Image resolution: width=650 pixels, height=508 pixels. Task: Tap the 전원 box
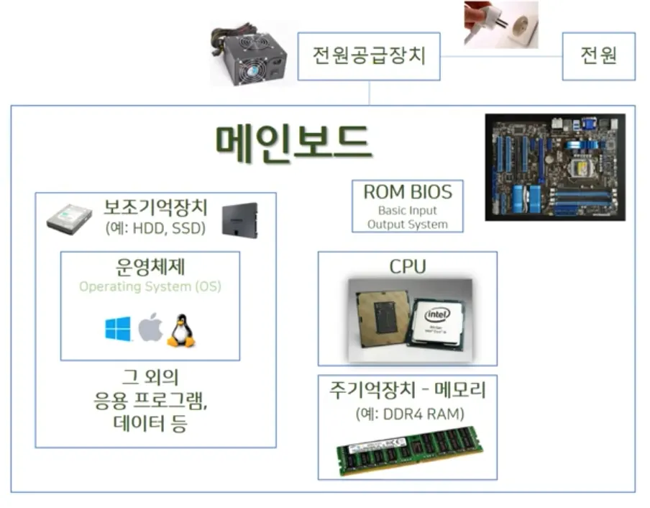coord(599,55)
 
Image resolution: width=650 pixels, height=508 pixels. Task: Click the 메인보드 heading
coord(293,142)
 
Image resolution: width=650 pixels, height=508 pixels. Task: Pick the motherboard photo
coord(554,167)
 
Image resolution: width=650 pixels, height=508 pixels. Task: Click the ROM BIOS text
coord(408,192)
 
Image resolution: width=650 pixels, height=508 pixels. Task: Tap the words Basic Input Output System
coord(408,218)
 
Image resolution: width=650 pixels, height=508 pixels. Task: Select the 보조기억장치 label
coord(155,208)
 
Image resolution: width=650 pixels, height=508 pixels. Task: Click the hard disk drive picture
coord(70,219)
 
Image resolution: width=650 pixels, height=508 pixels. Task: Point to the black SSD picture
coord(239,219)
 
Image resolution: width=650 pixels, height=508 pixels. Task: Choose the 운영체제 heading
coord(150,266)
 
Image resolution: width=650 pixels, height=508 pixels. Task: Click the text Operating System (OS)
coord(150,286)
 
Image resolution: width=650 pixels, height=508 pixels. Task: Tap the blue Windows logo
coord(118,330)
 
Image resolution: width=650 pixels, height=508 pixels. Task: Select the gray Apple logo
coord(150,328)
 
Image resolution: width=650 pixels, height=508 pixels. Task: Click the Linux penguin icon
coord(181,330)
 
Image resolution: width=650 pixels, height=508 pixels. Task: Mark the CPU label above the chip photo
coord(408,266)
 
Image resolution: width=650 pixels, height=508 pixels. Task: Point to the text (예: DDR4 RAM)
coord(408,414)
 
